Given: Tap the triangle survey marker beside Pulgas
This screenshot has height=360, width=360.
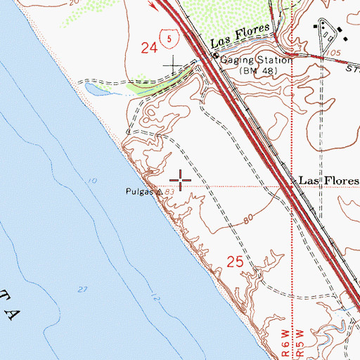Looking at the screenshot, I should click(x=160, y=191).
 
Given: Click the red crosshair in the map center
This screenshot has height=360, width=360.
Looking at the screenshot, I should click(x=181, y=181).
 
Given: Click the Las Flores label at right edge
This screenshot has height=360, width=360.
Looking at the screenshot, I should click(x=328, y=180).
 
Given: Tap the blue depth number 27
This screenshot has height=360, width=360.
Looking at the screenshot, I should click(x=83, y=288).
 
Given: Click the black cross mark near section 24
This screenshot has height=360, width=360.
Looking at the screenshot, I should click(x=173, y=66).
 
